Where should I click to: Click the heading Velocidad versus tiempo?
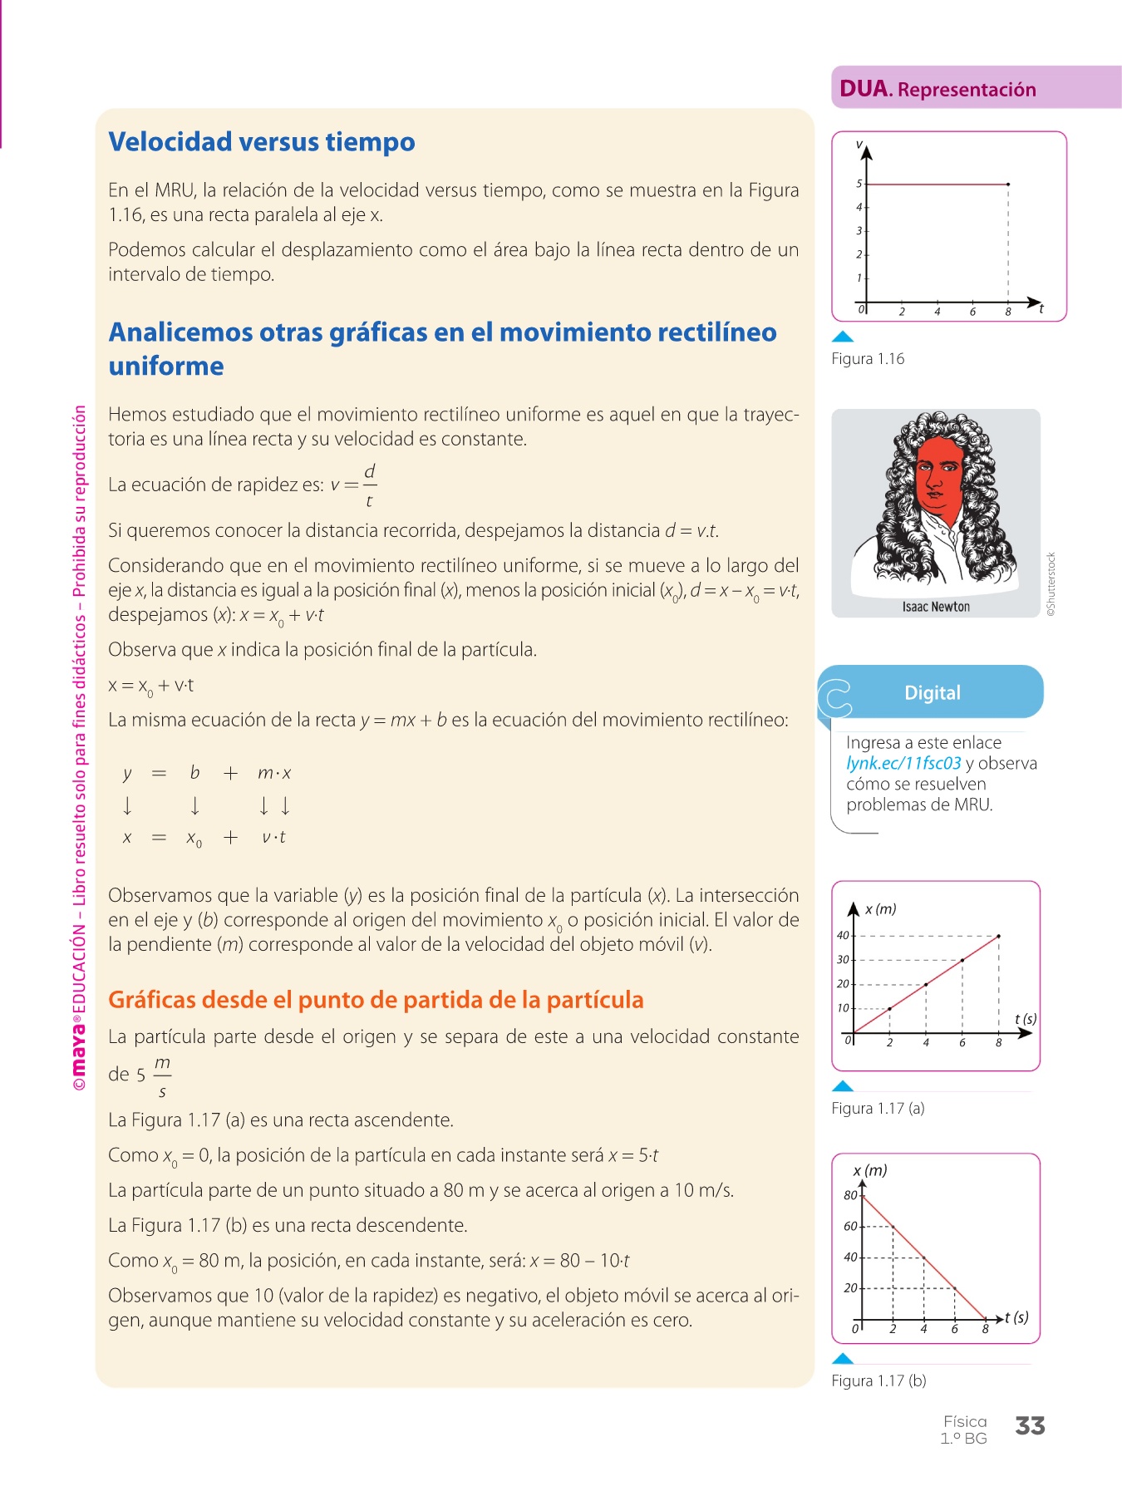pos(262,142)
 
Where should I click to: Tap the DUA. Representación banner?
pos(937,89)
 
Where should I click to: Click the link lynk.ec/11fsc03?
pos(903,764)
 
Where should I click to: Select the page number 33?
pos(1030,1426)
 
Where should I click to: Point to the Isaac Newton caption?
pos(936,607)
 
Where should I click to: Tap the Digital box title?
pos(933,693)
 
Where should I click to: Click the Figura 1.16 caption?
pos(868,359)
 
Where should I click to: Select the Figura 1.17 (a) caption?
pos(878,1108)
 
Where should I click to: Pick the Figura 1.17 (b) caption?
pos(878,1380)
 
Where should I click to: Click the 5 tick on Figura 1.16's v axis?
pos(859,184)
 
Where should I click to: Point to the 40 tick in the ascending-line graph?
pos(843,936)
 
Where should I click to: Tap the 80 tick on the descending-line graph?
pos(850,1196)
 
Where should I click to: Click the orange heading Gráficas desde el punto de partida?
pos(376,1000)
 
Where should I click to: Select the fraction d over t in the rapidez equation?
pos(369,485)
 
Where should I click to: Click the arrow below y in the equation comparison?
pos(127,805)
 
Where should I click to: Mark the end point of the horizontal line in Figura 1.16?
pos(1008,184)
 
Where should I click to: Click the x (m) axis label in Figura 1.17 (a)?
pos(880,909)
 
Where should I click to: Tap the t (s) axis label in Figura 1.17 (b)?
pos(1016,1317)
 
